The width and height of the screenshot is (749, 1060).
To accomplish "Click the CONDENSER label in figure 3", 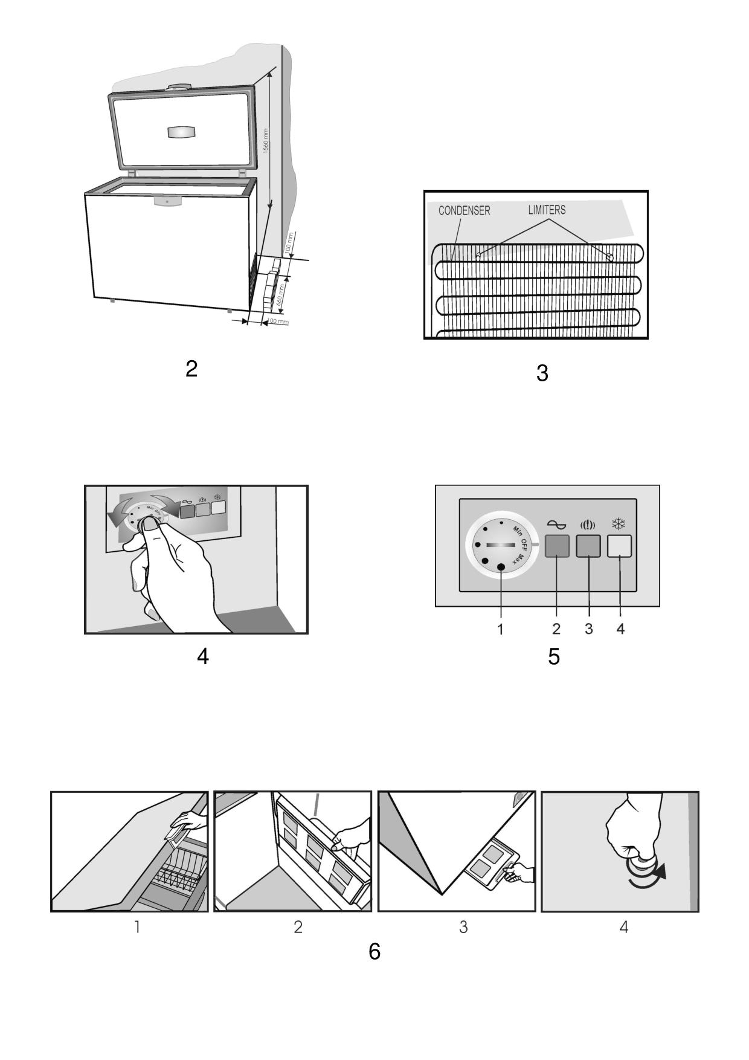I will coord(464,210).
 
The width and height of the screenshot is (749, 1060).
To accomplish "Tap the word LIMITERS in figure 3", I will coord(547,210).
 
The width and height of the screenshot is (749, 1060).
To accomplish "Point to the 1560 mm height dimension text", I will coord(266,141).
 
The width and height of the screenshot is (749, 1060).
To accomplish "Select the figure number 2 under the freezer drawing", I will coord(191,369).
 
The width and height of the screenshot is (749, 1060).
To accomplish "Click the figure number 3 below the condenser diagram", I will coord(542,373).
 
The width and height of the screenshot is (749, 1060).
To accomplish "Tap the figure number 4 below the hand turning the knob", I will coord(203,656).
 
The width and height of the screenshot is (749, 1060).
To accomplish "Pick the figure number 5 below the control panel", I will coord(553,656).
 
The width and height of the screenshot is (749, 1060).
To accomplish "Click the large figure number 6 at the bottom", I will coord(374,951).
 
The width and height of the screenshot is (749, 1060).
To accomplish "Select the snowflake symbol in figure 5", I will coord(619,524).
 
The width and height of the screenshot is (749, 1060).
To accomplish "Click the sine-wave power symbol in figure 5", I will coord(556,525).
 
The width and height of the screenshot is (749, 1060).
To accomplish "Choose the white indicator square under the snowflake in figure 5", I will coord(619,546).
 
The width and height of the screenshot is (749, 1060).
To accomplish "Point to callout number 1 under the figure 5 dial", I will coord(500,629).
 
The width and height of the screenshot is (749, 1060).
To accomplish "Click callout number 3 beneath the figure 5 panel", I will coord(588,629).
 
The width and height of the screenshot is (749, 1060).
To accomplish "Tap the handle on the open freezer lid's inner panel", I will coord(182,132).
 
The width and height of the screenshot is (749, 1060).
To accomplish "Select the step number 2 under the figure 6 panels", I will coord(298,927).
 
